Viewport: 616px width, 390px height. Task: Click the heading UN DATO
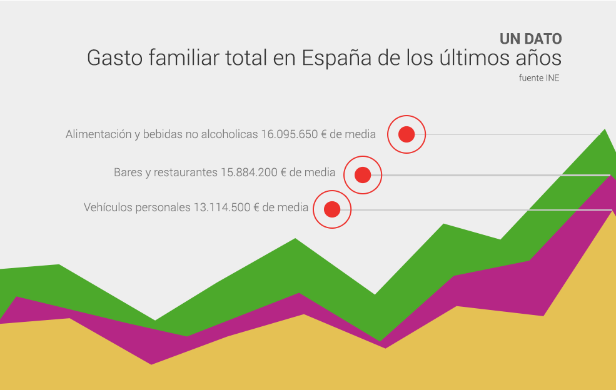pyautogui.click(x=530, y=39)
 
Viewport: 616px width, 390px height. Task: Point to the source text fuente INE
pyautogui.click(x=538, y=78)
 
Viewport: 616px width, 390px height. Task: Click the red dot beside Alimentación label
pyautogui.click(x=406, y=134)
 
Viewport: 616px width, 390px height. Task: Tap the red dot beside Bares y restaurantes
pyautogui.click(x=363, y=174)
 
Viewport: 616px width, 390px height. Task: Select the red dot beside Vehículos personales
pyautogui.click(x=332, y=209)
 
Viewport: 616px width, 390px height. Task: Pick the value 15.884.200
pyautogui.click(x=249, y=172)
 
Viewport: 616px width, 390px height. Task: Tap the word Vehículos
pyautogui.click(x=107, y=207)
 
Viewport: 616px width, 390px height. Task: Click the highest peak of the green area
pyautogui.click(x=604, y=131)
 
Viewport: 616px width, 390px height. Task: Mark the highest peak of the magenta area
pyautogui.click(x=610, y=177)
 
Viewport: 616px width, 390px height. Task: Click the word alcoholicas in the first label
pyautogui.click(x=231, y=134)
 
